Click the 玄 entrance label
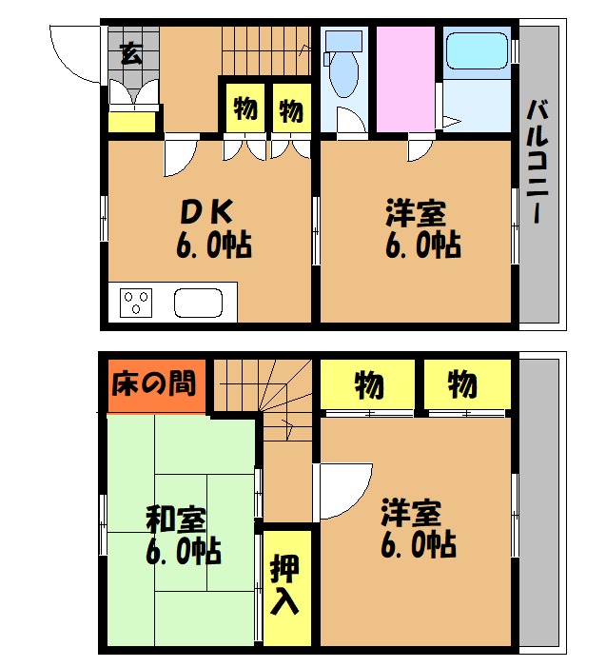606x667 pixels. click(130, 52)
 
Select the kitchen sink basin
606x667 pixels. click(199, 304)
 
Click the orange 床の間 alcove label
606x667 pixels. click(154, 383)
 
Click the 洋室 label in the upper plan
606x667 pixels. click(416, 212)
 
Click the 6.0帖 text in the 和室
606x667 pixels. click(184, 552)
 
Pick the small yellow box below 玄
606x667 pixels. click(130, 122)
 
